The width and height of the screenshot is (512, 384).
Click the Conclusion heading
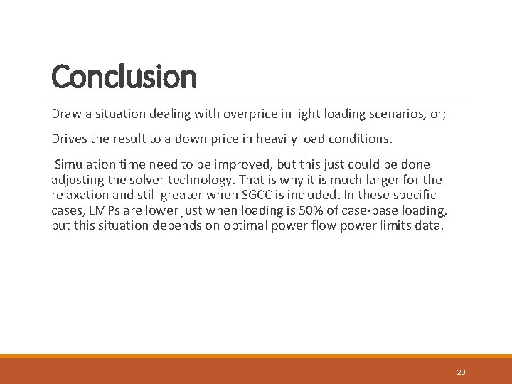coord(124,77)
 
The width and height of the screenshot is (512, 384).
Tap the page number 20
coord(461,372)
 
